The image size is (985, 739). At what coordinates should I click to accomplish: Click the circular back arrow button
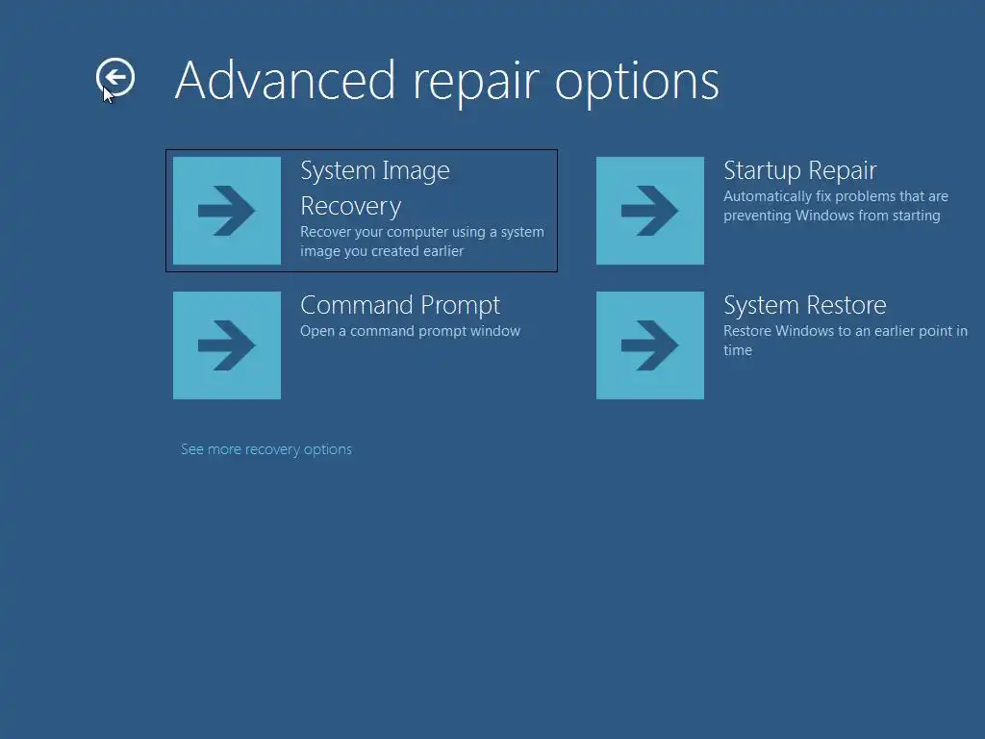[115, 77]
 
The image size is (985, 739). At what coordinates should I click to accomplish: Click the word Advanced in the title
[285, 81]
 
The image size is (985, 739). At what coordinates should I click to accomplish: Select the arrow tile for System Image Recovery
[227, 211]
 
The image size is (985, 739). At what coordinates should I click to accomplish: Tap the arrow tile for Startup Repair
[650, 211]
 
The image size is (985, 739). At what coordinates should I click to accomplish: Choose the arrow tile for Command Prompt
[227, 345]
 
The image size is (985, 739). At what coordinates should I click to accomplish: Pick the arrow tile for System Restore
[650, 345]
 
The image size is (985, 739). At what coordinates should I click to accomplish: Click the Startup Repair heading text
[799, 171]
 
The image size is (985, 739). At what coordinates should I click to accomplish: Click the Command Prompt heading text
[400, 306]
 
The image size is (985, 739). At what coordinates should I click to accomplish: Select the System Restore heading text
[805, 306]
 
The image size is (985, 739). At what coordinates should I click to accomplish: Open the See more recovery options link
[266, 450]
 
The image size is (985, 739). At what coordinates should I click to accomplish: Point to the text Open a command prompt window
[410, 331]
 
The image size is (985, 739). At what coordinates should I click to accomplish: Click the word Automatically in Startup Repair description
[768, 197]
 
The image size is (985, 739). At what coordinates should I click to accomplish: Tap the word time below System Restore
[738, 350]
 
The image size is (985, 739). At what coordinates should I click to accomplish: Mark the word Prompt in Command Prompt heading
[461, 306]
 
